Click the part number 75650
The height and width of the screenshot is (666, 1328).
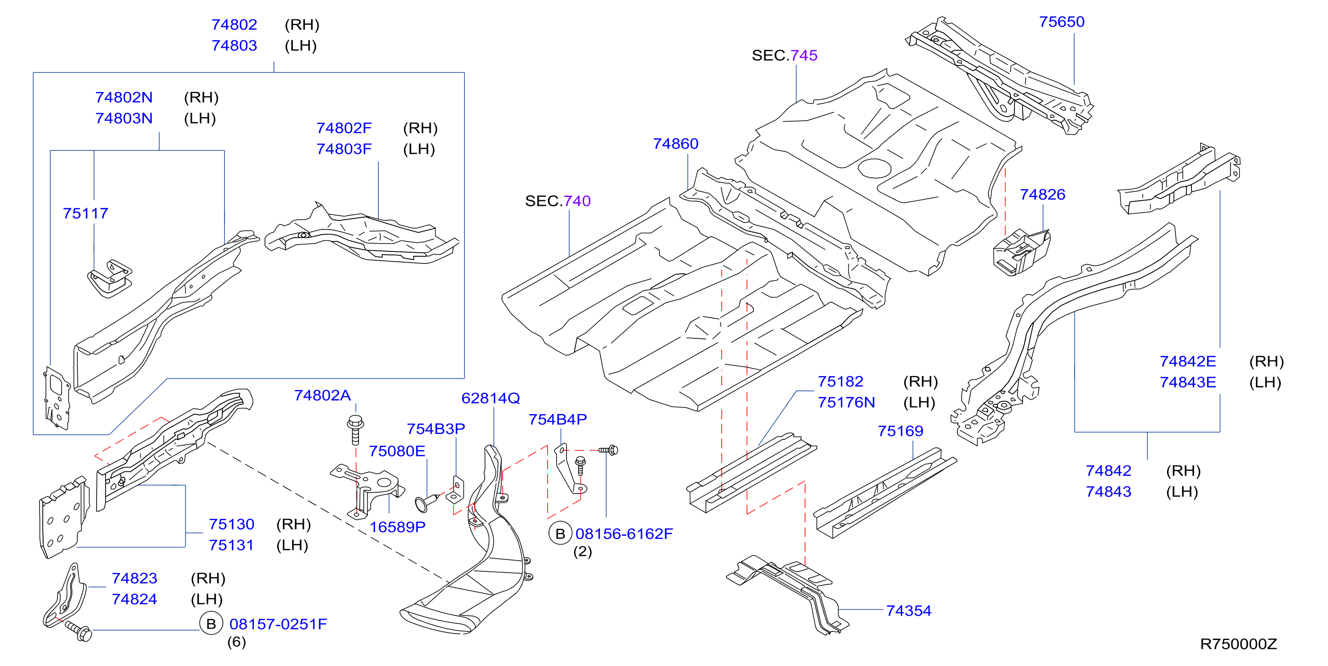pyautogui.click(x=1062, y=22)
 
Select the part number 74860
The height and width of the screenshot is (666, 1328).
pyautogui.click(x=675, y=143)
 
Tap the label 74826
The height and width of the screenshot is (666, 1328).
pyautogui.click(x=1042, y=194)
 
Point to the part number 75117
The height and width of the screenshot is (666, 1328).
pyautogui.click(x=85, y=213)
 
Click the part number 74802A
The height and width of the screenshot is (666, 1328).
pyautogui.click(x=322, y=395)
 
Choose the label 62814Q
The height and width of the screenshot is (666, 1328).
pyautogui.click(x=490, y=398)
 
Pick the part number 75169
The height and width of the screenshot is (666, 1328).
pyautogui.click(x=900, y=430)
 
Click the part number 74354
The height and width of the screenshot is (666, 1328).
pyautogui.click(x=908, y=610)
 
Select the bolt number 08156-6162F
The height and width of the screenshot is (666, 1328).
pyautogui.click(x=624, y=534)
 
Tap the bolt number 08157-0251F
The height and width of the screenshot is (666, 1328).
pyautogui.click(x=278, y=624)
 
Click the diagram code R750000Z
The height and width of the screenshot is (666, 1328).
pyautogui.click(x=1238, y=644)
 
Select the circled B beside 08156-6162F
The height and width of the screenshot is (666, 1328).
pyautogui.click(x=560, y=534)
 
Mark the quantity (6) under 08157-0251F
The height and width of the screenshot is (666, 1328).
pyautogui.click(x=237, y=642)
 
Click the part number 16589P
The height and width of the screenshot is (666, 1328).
pyautogui.click(x=398, y=527)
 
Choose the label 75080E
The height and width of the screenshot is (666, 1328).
pyautogui.click(x=397, y=451)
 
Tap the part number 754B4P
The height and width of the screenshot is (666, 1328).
pyautogui.click(x=557, y=419)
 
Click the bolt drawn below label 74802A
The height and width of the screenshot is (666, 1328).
pyautogui.click(x=355, y=429)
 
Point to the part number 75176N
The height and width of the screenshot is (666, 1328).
pyautogui.click(x=846, y=402)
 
